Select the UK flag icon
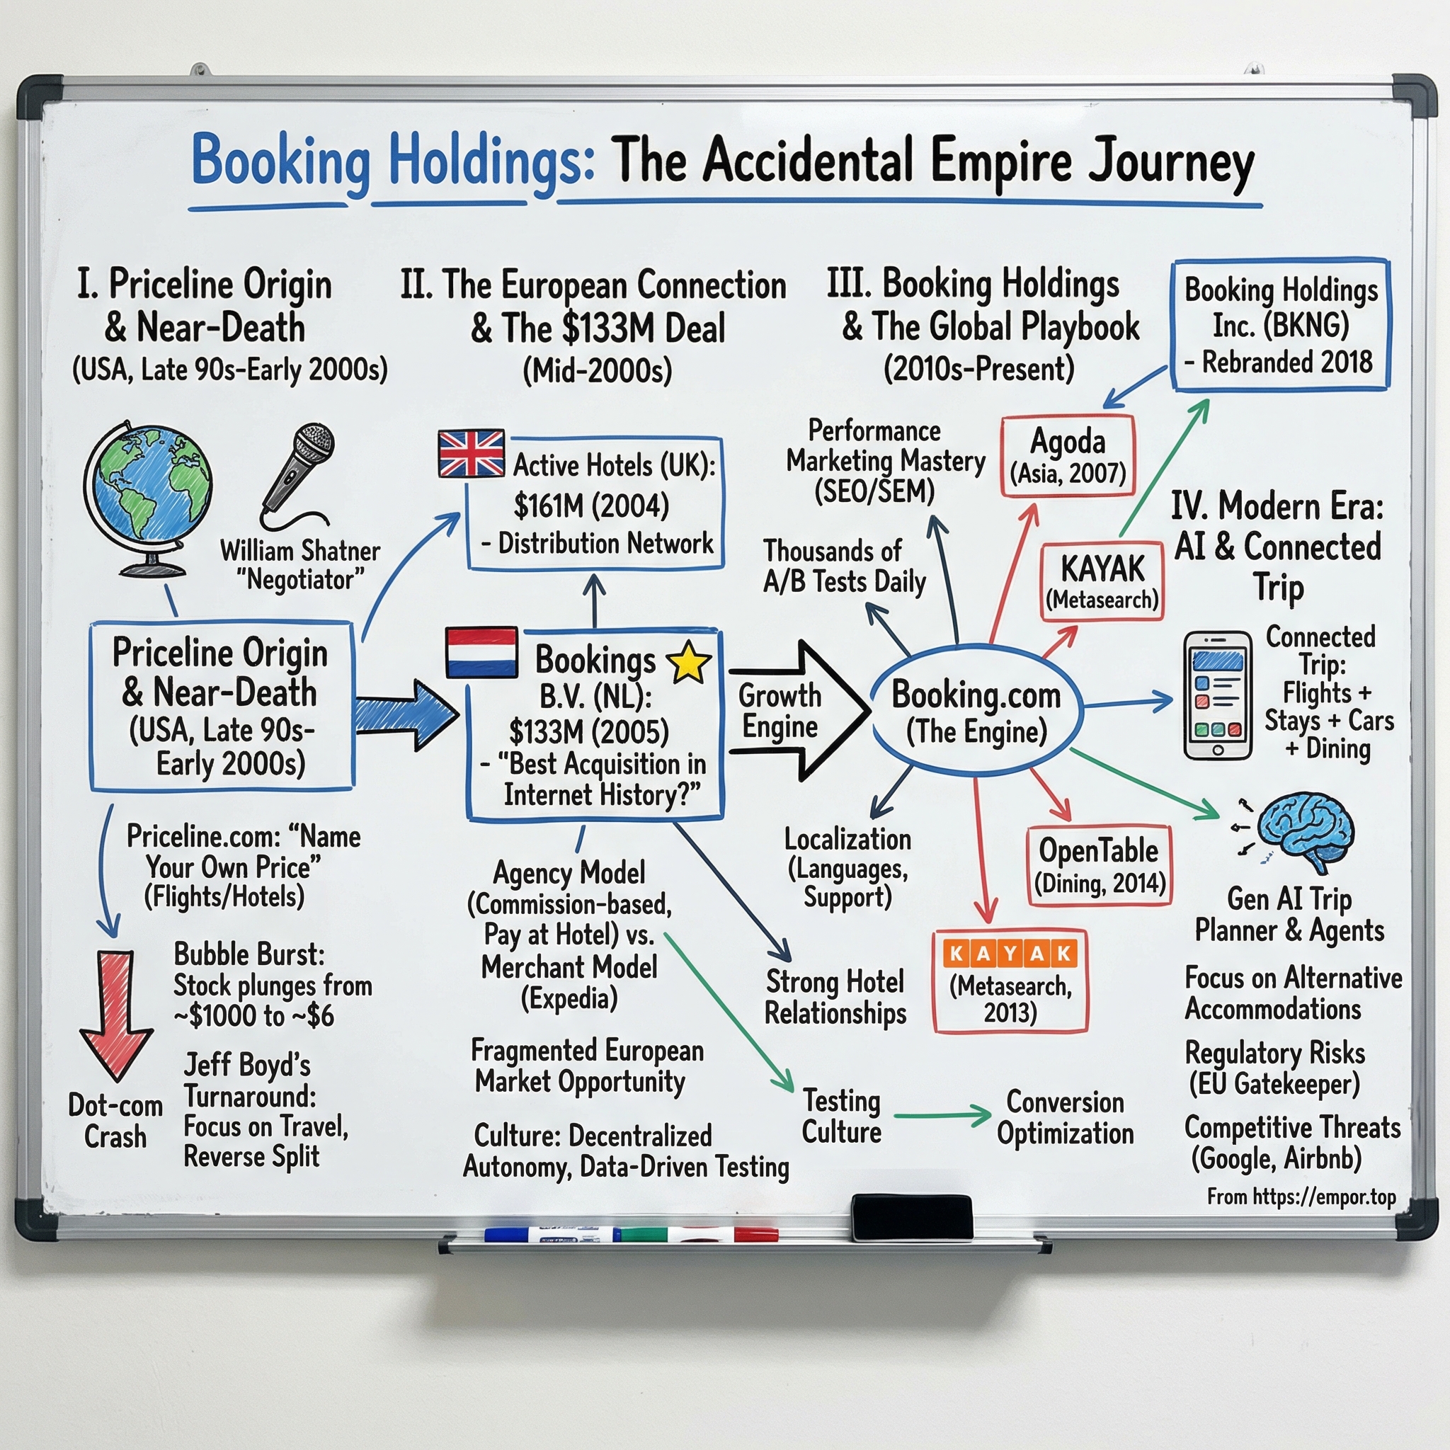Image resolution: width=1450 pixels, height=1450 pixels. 472,453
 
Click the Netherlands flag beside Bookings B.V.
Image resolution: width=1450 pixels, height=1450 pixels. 481,653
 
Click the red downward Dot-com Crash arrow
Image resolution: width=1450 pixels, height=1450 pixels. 116,1013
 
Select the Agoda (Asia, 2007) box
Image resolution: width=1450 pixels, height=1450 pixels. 1067,455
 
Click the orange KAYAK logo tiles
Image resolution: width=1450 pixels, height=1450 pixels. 1010,954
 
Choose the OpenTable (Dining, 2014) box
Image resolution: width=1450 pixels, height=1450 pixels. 1099,865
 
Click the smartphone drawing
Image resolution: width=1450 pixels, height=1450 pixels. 1217,696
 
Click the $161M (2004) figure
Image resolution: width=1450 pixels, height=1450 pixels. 590,505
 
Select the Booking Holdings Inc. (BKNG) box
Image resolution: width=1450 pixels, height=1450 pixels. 1280,325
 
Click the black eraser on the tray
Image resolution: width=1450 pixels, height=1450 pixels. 911,1217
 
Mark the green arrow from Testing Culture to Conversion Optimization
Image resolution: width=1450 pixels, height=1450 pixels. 942,1115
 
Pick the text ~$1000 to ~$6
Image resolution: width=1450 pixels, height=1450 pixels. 253,1016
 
